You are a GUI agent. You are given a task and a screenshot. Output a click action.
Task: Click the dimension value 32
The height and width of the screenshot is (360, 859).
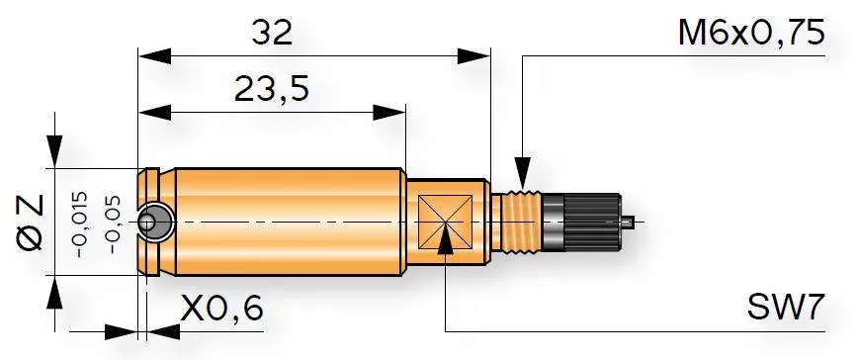coord(272,34)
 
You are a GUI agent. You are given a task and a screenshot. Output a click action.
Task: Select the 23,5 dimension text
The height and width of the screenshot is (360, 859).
coord(272,89)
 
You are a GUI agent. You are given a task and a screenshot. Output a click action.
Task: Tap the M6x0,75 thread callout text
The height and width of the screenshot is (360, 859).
coord(751,33)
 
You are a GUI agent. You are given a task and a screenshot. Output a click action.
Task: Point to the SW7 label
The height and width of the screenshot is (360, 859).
coord(786,307)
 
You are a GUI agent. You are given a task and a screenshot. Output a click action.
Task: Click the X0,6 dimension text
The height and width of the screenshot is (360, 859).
coord(221,309)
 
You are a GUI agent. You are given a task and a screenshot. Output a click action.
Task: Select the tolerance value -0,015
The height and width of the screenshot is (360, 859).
coord(80,225)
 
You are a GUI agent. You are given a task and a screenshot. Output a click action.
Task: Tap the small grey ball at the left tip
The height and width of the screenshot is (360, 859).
coord(147,223)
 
